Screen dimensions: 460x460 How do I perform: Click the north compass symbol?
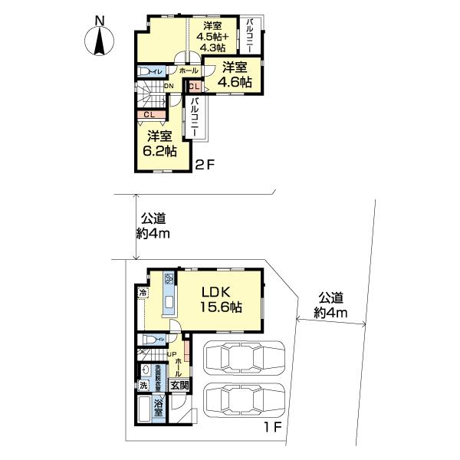101,38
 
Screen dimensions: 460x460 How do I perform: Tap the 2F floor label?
202,163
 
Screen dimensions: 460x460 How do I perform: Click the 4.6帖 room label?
234,74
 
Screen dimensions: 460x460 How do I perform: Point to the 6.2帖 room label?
159,143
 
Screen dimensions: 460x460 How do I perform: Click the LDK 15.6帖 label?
222,299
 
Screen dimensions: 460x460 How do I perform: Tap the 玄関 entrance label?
179,386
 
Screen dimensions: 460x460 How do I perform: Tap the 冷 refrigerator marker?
143,293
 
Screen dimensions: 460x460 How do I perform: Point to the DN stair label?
168,86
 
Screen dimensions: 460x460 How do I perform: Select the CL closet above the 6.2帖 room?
149,115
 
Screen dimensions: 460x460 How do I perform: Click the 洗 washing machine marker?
143,385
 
